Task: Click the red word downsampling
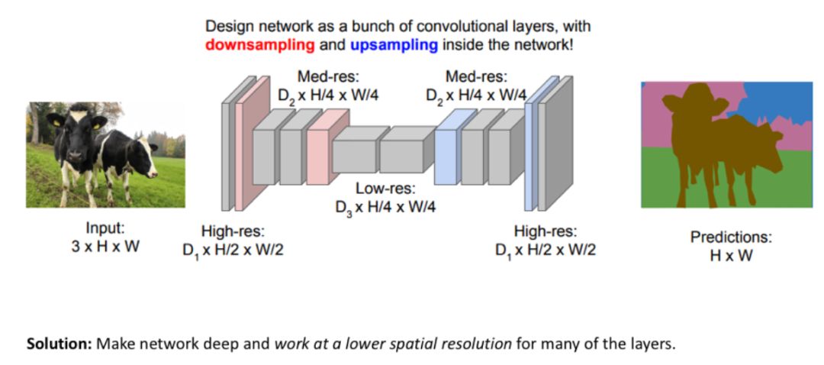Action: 259,44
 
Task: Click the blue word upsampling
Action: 394,44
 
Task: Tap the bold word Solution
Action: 60,344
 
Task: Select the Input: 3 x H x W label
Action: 105,237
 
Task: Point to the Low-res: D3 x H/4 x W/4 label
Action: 385,196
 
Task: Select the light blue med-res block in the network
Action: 446,151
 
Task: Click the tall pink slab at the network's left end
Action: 242,145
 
